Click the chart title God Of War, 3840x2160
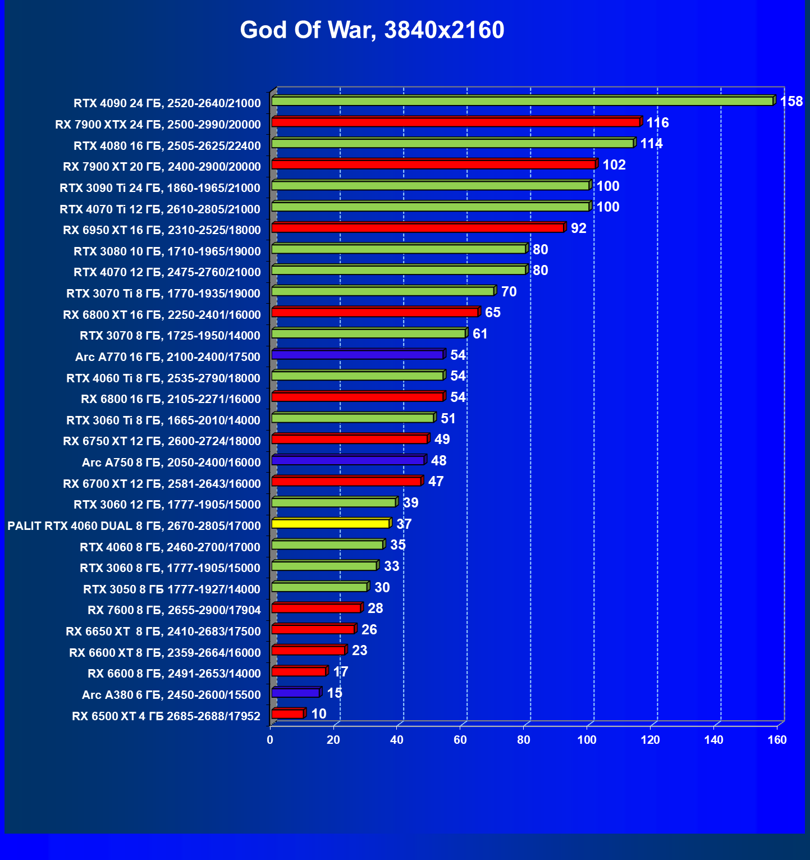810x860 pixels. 372,30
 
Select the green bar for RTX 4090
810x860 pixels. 522,101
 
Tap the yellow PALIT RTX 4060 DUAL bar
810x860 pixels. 330,524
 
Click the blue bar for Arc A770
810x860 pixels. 357,355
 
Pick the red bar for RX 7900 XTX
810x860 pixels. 455,122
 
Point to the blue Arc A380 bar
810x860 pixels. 295,693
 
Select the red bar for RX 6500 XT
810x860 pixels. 287,714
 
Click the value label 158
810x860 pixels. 791,102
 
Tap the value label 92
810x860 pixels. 578,228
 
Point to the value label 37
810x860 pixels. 404,524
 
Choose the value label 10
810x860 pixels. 319,714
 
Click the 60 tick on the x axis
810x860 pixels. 460,740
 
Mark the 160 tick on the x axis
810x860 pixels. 777,740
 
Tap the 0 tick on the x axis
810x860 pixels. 270,740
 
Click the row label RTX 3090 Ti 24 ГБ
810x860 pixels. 160,188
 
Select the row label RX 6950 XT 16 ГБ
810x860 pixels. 162,230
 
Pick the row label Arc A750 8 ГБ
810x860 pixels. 171,463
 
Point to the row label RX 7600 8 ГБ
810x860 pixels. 174,610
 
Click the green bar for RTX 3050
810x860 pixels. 319,587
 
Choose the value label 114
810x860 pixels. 651,144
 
